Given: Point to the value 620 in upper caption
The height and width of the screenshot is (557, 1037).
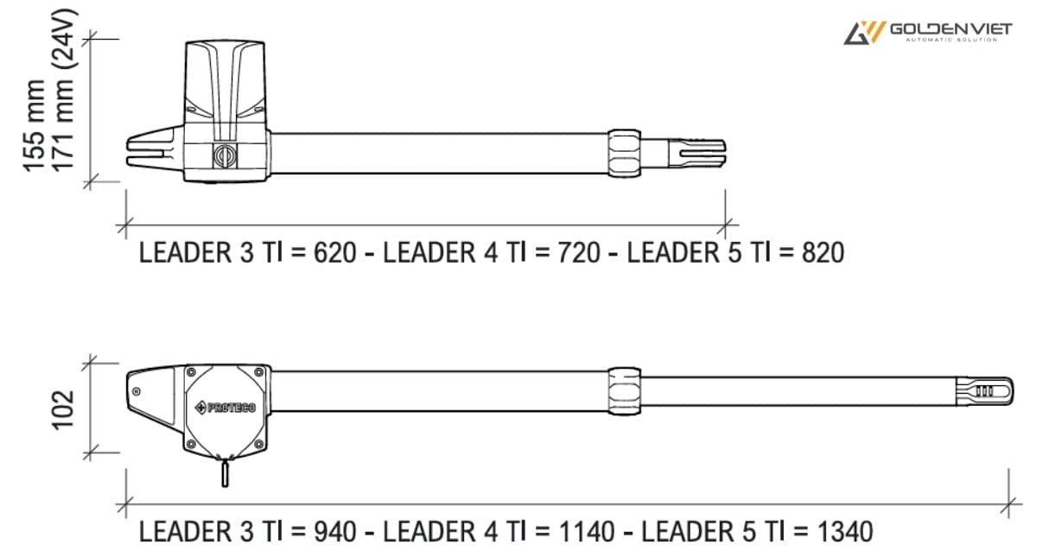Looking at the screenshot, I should point(335,253).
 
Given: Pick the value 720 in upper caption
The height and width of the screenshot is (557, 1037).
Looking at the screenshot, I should point(579,253).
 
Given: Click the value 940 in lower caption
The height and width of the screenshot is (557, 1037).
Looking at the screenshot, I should point(335,530).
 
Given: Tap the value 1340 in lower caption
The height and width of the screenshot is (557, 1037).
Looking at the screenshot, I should point(845,530).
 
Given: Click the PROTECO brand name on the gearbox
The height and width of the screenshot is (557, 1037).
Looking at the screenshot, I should point(226,407).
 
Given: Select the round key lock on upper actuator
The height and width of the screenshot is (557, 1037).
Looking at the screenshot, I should point(222,155).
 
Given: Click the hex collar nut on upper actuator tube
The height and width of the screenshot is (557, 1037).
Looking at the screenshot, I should point(624,152).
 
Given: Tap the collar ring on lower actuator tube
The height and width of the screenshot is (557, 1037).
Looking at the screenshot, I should point(624,389).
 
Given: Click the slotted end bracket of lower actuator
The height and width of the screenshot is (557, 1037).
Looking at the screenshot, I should point(984,391).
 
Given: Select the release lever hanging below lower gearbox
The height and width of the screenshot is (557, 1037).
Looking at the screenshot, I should point(225,473).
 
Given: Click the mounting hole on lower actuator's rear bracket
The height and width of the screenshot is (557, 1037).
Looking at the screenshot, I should point(137,391).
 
